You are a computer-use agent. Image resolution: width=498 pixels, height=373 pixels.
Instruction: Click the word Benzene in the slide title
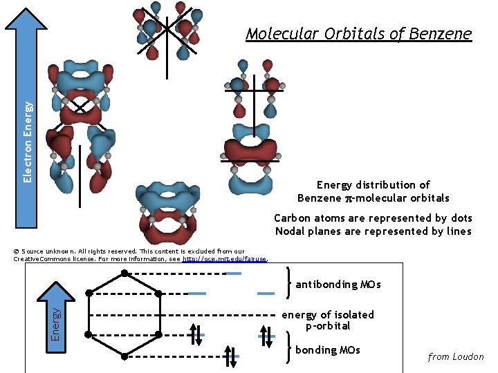tap(441, 34)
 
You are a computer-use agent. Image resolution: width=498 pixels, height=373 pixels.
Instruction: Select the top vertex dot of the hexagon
tap(124, 273)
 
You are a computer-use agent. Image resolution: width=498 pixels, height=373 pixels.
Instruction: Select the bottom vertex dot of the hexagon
tap(124, 356)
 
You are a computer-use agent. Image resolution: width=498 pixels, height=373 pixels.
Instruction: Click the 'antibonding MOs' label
tap(338, 285)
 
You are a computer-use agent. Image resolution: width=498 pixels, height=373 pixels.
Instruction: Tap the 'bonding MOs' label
tap(328, 350)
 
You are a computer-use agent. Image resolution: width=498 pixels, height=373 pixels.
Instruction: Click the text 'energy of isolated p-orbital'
tap(328, 320)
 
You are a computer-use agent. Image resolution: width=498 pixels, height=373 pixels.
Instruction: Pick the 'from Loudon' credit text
tap(456, 357)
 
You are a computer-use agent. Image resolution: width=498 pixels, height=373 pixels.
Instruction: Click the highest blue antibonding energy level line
tap(233, 274)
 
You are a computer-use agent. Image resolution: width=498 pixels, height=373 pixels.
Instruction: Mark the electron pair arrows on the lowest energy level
tap(231, 356)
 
